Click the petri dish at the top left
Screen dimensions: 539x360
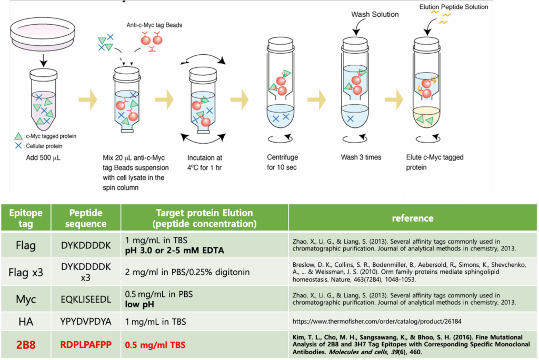(43, 34)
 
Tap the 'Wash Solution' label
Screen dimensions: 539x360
(375, 14)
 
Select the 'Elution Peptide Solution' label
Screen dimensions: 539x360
(453, 7)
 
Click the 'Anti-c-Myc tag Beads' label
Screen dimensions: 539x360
(154, 25)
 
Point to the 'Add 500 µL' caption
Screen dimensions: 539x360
(43, 158)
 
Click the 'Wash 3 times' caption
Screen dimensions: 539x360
(361, 157)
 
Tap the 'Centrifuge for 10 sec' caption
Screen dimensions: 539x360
(282, 162)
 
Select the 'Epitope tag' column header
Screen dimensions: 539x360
(26, 218)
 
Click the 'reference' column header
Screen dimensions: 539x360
(413, 218)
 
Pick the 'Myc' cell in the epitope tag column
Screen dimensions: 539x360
(26, 299)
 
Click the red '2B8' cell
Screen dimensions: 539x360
(26, 345)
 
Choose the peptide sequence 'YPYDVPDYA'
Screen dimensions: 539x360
(86, 322)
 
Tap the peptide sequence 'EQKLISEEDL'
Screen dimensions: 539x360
(86, 299)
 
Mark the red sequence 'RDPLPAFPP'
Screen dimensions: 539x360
(86, 345)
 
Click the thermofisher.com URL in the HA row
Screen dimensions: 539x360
(377, 322)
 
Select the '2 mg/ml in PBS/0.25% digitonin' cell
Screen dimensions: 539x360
(187, 272)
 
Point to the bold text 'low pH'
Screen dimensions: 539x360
(139, 304)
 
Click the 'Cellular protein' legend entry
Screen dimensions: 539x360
(39, 146)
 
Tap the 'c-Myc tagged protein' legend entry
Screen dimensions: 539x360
(45, 136)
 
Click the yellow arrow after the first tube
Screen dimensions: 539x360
(88, 99)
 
